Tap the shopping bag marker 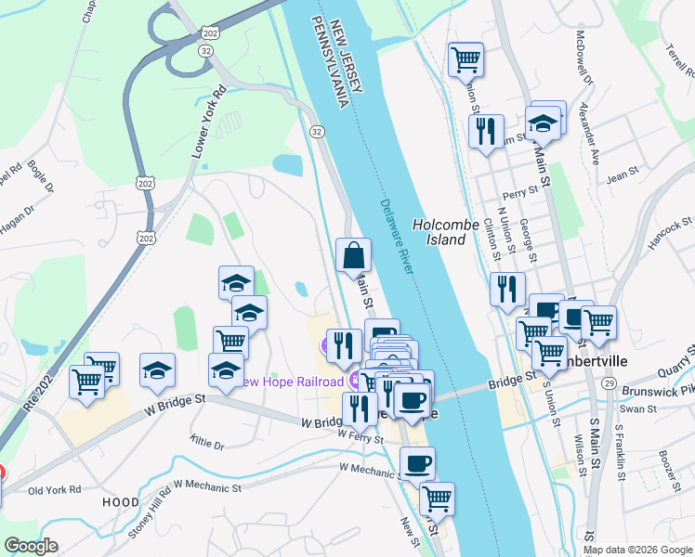(353, 255)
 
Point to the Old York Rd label (55, 489)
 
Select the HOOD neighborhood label (121, 502)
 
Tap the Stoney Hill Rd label (148, 505)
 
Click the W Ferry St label (361, 434)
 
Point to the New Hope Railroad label (292, 380)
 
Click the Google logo (32, 546)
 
